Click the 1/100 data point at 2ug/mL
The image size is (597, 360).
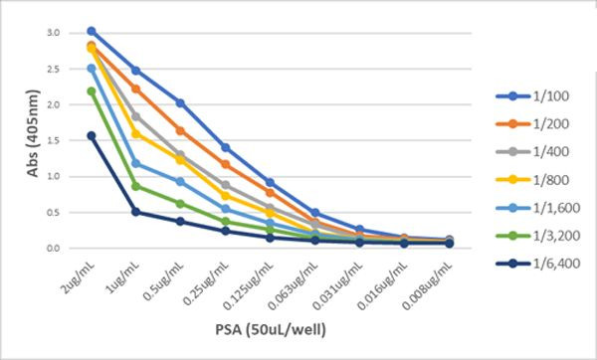click(x=92, y=31)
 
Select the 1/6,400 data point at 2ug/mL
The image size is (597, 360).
click(x=92, y=135)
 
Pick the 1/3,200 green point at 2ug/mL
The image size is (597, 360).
click(x=92, y=90)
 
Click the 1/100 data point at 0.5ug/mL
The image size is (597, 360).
click(x=180, y=102)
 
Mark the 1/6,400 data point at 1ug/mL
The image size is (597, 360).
click(x=135, y=212)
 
